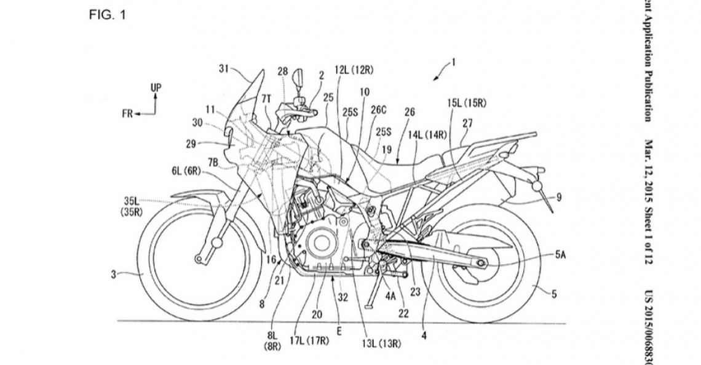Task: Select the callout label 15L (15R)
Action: pos(467,103)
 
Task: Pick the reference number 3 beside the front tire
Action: pos(113,276)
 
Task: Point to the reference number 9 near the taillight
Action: pos(559,198)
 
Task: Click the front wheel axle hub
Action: pos(197,259)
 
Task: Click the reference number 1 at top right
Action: pos(453,61)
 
